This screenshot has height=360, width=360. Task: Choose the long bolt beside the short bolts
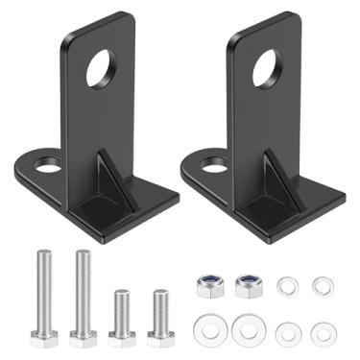pyautogui.click(x=83, y=292)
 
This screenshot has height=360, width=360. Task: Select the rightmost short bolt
pyautogui.click(x=158, y=312)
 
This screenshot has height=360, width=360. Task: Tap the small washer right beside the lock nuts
pyautogui.click(x=285, y=284)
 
